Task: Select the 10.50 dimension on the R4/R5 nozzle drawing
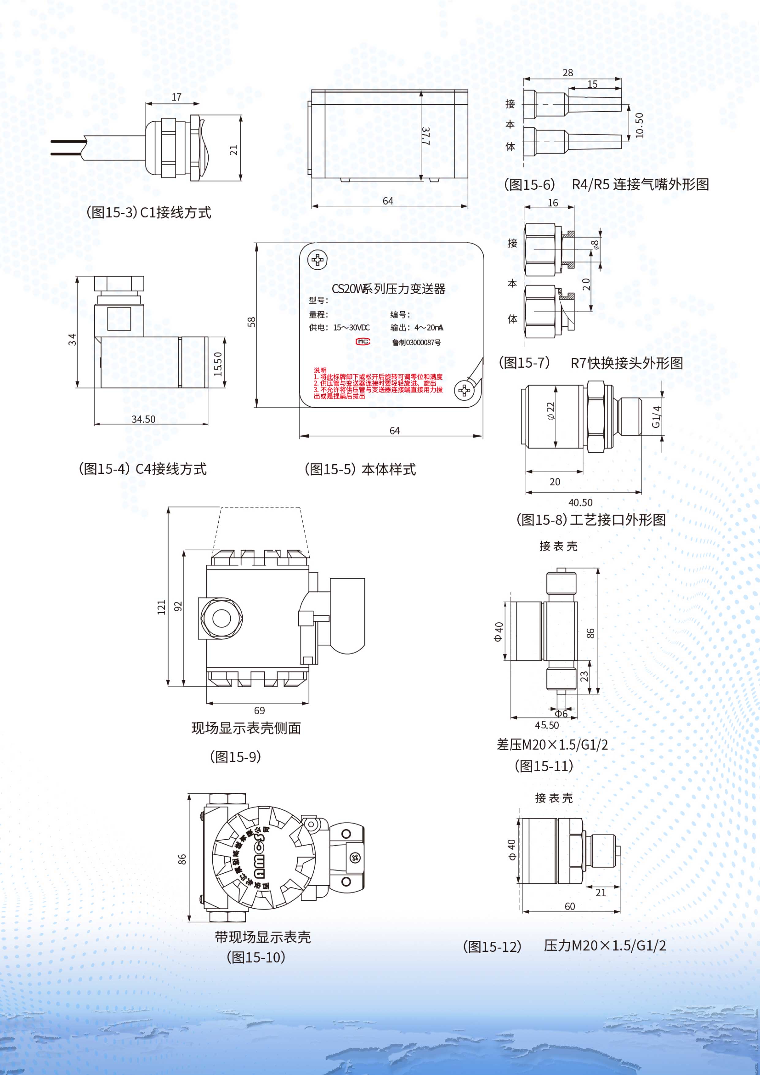pos(640,125)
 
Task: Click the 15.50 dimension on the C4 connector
pos(218,364)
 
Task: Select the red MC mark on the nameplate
pos(363,342)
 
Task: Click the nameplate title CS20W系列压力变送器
pos(388,289)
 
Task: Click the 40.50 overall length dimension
pos(580,502)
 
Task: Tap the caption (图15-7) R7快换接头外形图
pos(591,363)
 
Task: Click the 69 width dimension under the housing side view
pos(259,711)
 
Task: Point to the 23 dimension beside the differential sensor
pos(584,676)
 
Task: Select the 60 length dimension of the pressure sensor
pos(569,906)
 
